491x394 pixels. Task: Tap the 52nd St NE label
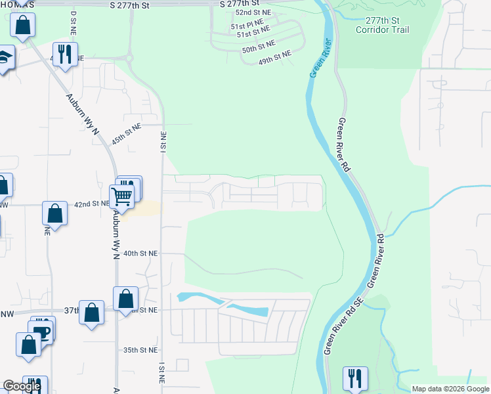tap(254, 12)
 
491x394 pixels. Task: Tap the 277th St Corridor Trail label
tap(381, 26)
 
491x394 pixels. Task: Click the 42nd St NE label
tap(91, 204)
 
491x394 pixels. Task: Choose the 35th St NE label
tap(141, 350)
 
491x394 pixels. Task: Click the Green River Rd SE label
tap(342, 328)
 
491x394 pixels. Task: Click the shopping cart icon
tap(121, 195)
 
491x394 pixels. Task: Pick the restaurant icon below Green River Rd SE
tap(354, 378)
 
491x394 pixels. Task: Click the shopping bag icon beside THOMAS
tap(23, 26)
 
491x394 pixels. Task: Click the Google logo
tap(22, 386)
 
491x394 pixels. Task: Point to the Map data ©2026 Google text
tap(450, 389)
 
